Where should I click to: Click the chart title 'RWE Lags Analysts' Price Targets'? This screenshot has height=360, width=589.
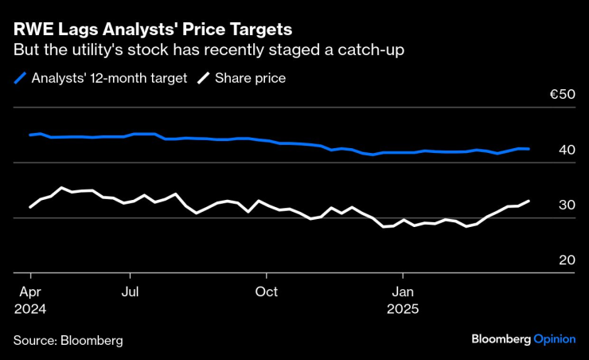pos(152,29)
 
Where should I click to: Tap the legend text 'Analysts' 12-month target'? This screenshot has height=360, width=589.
pos(110,78)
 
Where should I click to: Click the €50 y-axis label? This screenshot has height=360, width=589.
pos(562,95)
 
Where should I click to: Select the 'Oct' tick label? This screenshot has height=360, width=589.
pos(266,292)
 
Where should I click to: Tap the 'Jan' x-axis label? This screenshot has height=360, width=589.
pos(403,292)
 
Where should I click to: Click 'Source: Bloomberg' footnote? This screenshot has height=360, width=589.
pos(68,340)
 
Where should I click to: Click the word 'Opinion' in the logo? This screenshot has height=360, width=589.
pos(554,338)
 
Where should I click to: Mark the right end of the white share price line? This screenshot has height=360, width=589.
pos(529,202)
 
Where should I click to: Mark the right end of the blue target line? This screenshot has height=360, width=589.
pos(529,149)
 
